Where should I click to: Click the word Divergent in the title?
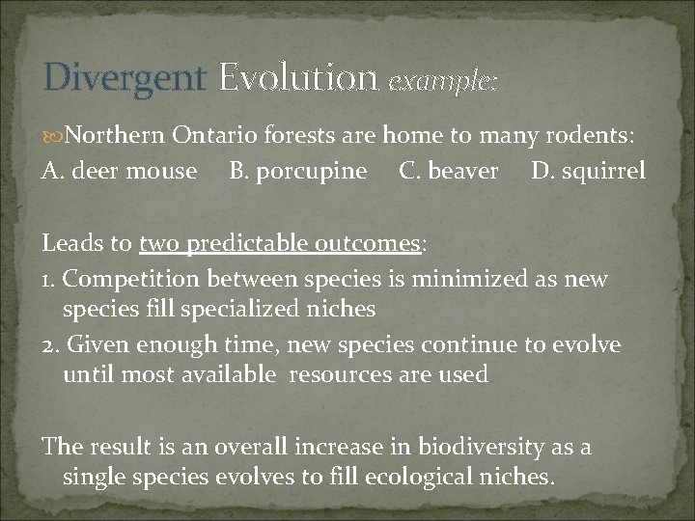click(x=125, y=78)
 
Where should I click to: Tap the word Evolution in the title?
click(x=297, y=77)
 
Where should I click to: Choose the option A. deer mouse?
click(x=120, y=171)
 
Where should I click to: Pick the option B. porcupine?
click(x=298, y=171)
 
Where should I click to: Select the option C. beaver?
click(x=449, y=171)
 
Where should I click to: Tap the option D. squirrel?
click(x=588, y=171)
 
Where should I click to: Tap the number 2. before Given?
click(x=51, y=344)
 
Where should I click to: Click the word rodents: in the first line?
click(x=594, y=137)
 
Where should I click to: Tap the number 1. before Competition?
click(x=50, y=280)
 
